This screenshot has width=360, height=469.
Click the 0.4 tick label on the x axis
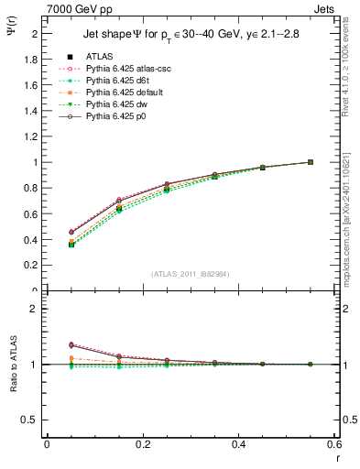tap(237, 444)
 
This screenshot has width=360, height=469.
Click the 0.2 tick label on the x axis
tap(142, 444)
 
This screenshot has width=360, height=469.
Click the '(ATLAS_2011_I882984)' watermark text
tap(191, 274)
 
